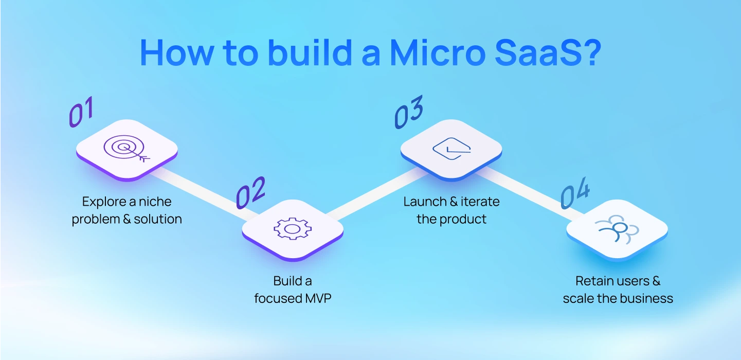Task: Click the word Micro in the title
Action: (433, 52)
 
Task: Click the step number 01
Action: (81, 113)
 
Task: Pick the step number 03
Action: (409, 112)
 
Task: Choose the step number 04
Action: (575, 195)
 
